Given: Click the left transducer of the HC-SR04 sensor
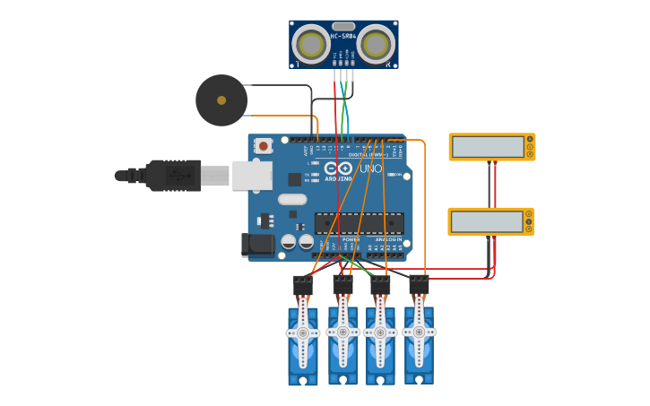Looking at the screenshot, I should pos(311,45).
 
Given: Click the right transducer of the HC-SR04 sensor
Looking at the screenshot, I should pos(377,45).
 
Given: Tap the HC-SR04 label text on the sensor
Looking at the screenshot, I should pos(343,36).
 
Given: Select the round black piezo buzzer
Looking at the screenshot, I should pos(221,100).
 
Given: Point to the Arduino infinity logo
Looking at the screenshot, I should pos(338,168).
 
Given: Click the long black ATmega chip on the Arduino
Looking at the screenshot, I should pos(359,223).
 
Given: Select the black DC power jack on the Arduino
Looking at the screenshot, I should pos(259,244).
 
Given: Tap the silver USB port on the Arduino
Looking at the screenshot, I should pos(252,176).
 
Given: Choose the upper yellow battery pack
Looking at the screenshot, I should pos(491,147).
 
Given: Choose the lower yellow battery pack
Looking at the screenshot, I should pos(490,221).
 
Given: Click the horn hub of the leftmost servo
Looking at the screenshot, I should pos(303,333).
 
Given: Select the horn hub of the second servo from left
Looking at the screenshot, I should pos(342,332).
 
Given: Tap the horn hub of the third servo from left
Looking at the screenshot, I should pos(380,333).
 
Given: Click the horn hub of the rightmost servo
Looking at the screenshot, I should pos(419,331).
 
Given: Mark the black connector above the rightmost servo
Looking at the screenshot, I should pos(419,285).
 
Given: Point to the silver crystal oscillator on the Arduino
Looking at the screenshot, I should pos(292,200).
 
